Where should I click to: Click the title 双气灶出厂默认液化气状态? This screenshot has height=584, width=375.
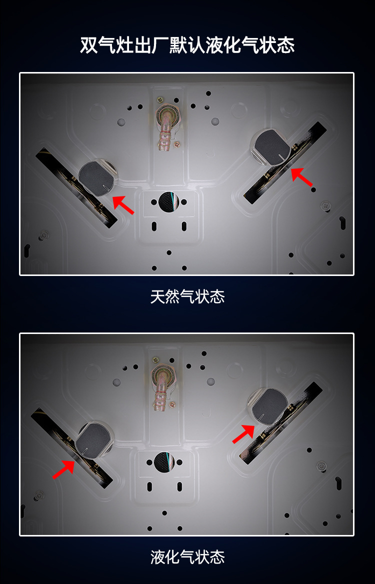(187, 45)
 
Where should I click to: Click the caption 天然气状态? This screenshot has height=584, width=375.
(187, 297)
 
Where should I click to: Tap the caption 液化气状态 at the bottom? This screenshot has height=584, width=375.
(187, 557)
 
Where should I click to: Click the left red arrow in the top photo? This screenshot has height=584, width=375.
(123, 205)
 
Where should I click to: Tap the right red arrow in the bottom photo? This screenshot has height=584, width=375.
(243, 434)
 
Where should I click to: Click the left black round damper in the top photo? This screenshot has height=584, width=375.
(96, 178)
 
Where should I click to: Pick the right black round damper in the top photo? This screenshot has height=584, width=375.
(271, 147)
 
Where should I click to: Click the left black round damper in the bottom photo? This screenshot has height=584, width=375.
(93, 439)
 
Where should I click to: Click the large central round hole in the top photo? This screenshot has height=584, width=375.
(169, 202)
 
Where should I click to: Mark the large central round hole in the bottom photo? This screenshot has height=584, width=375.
(164, 462)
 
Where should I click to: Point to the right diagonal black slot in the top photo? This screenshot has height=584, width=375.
(285, 163)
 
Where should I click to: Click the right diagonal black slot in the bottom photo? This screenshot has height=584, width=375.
(281, 422)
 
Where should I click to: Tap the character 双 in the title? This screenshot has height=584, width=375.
(89, 45)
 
